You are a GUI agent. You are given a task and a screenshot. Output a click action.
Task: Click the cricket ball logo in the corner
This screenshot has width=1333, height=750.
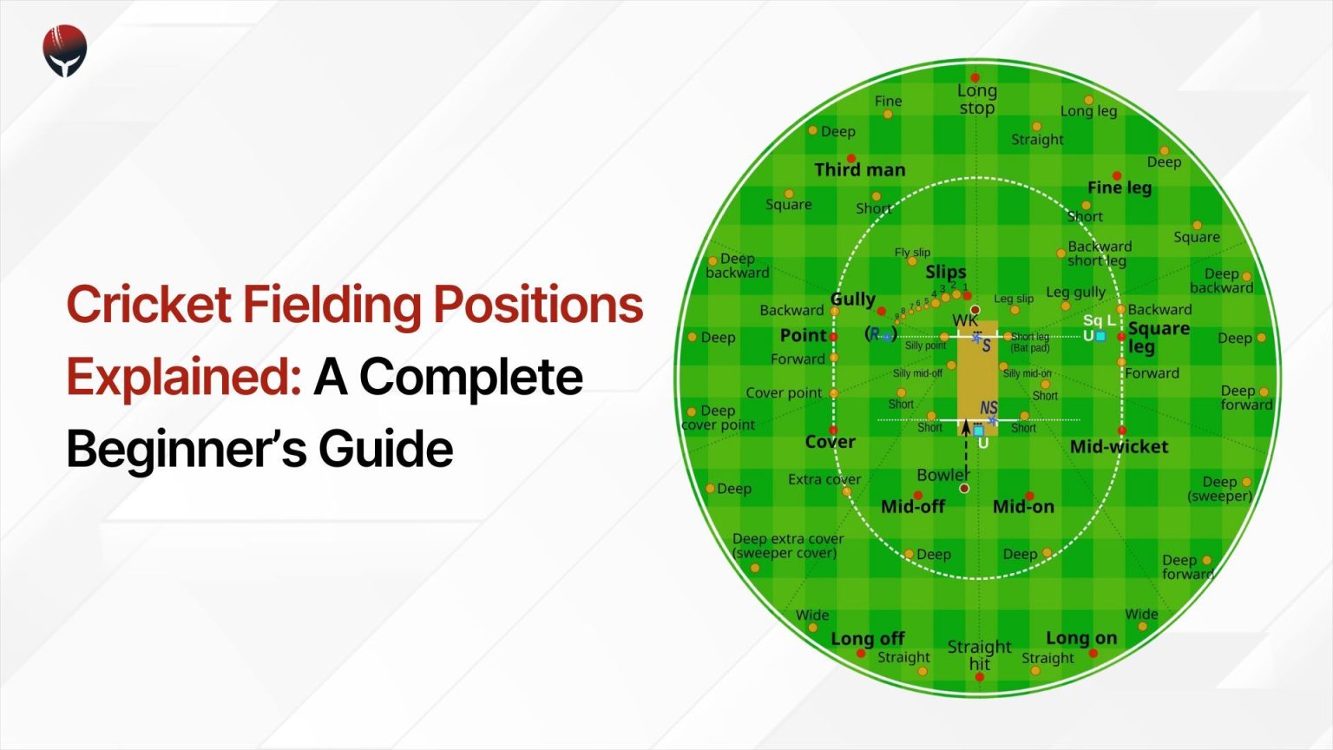click(65, 50)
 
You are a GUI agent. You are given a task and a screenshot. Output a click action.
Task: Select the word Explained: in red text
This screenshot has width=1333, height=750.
click(183, 377)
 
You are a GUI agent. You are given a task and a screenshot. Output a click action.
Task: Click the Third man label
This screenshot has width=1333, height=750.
click(859, 170)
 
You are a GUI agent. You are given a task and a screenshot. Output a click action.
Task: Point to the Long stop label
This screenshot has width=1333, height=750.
click(976, 99)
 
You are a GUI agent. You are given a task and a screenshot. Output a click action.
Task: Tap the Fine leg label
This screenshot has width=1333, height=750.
click(1119, 187)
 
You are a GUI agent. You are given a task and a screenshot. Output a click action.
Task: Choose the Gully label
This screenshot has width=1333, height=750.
click(852, 299)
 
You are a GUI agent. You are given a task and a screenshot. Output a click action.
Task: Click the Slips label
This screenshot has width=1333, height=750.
click(945, 272)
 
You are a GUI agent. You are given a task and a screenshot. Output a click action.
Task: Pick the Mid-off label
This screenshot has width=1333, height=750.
click(912, 507)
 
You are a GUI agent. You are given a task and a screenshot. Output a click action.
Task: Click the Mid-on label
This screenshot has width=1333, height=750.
click(1023, 507)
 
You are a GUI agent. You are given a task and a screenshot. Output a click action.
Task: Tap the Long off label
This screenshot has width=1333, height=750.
click(867, 639)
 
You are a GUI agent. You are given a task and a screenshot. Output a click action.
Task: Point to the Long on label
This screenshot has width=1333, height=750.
click(1080, 638)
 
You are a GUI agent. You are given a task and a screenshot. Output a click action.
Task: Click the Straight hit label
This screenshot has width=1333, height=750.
click(979, 655)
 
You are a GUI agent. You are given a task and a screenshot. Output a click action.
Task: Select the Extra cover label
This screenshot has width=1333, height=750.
click(824, 479)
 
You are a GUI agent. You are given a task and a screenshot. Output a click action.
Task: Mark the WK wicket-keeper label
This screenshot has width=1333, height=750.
click(964, 320)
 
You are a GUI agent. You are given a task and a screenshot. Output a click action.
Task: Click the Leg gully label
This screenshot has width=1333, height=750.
click(1075, 293)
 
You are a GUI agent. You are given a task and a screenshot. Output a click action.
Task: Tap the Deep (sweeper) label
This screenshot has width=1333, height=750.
click(1219, 489)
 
